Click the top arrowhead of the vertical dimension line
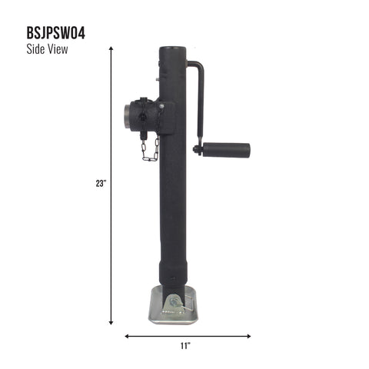point(112,48)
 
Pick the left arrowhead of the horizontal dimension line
point(127,335)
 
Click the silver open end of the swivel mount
point(125,118)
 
